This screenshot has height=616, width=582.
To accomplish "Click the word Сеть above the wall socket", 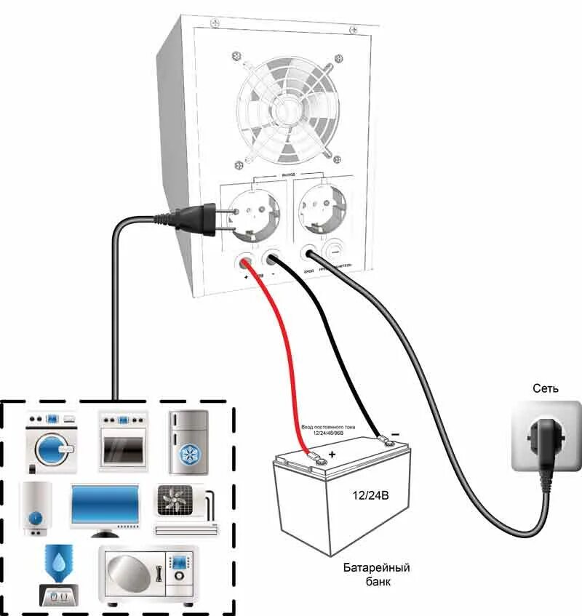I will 545,388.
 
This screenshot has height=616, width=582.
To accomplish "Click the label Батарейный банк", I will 377,574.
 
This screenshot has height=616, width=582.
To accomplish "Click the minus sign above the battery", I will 395,433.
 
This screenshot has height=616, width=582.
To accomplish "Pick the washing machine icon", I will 51,441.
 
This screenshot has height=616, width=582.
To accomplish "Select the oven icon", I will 123,441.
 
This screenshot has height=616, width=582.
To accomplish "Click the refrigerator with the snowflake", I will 188,443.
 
